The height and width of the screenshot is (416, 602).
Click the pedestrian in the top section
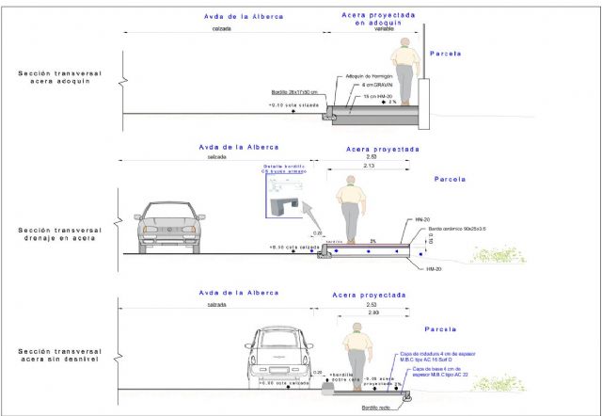coord(405,70)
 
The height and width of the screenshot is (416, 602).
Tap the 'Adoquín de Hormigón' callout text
coord(369,75)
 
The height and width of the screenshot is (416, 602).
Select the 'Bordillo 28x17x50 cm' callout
coord(294,92)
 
